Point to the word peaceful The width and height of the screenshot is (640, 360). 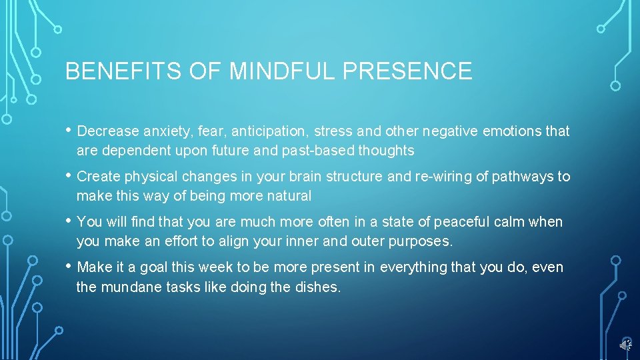pyautogui.click(x=429, y=222)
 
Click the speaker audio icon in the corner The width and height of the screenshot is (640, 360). pyautogui.click(x=625, y=344)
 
